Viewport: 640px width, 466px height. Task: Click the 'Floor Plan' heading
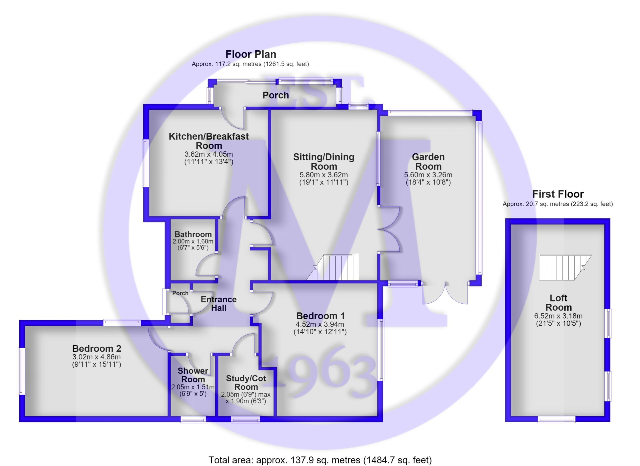[250, 54]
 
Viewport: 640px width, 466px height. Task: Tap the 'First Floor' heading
[557, 194]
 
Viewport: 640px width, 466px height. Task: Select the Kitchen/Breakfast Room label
[208, 141]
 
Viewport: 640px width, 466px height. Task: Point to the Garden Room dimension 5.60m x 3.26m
[428, 175]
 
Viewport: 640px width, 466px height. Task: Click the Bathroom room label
[193, 235]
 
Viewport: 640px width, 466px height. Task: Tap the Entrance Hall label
[218, 304]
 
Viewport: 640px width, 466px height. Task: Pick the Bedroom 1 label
[320, 316]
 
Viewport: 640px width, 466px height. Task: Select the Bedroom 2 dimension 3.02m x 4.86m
[96, 357]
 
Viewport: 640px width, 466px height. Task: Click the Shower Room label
[193, 375]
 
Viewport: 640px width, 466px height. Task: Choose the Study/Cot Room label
[246, 383]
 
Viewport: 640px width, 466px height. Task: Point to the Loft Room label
[558, 303]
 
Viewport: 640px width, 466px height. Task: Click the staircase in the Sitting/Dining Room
[333, 267]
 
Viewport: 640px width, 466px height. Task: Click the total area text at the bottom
[320, 460]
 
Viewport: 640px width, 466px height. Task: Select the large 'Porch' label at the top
[276, 95]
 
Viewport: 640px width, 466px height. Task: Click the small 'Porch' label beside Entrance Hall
[180, 293]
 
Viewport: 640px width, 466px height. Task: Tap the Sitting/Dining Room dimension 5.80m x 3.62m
[324, 175]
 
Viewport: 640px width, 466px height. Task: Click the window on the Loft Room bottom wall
[556, 420]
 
